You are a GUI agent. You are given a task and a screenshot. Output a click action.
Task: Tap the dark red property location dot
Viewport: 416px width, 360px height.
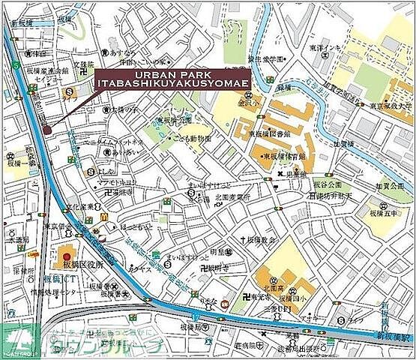coord(46,130)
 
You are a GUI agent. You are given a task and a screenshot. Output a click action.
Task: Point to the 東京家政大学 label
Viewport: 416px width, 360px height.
coord(389,106)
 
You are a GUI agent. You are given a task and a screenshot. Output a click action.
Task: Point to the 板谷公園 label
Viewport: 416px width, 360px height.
coord(327,184)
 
